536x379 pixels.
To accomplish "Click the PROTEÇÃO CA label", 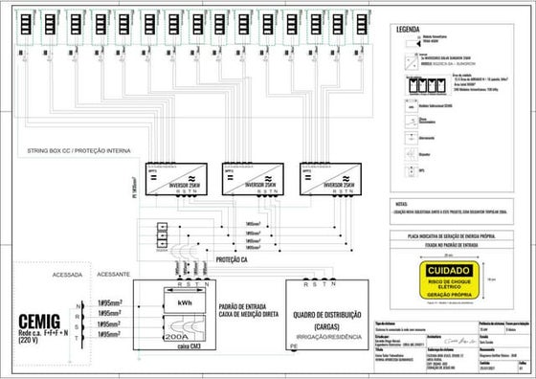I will pyautogui.click(x=238, y=260).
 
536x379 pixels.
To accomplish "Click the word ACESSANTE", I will pyautogui.click(x=116, y=271).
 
